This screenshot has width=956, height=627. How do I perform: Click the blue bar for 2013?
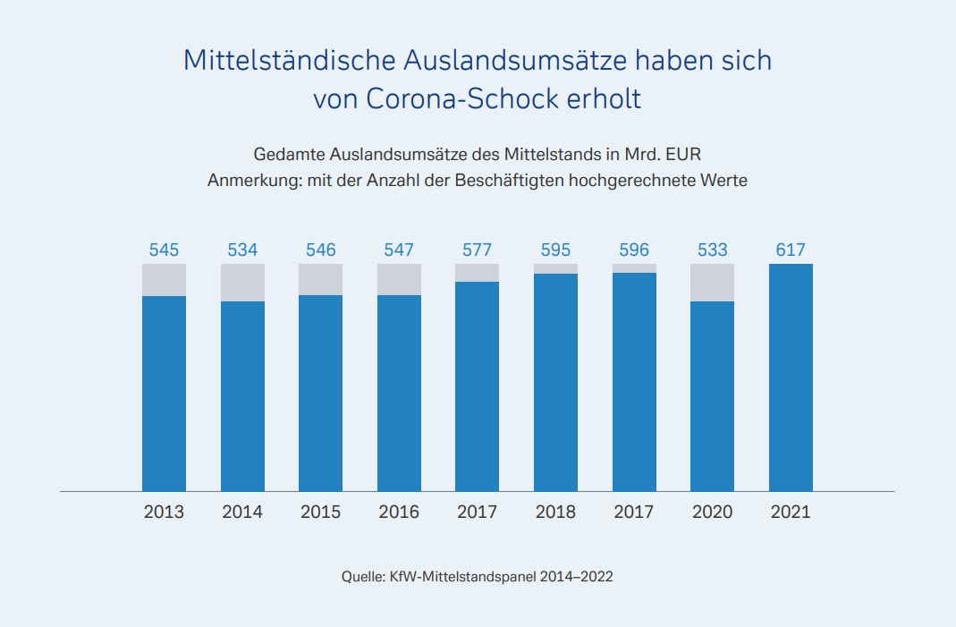coord(164,394)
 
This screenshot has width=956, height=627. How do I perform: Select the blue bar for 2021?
coord(791,377)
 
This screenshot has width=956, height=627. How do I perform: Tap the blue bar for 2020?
coord(713,396)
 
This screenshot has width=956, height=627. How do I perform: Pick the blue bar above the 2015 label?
coord(320,394)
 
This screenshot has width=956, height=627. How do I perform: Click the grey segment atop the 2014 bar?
coord(242,283)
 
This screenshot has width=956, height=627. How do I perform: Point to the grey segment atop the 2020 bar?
coord(713,283)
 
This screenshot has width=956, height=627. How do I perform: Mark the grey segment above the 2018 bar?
coord(555,268)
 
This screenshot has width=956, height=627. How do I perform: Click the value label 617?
coord(791,250)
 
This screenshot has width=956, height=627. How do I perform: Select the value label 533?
coord(713,250)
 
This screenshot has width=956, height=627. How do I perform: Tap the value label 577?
coord(477,250)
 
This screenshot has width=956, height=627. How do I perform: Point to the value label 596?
coord(634,250)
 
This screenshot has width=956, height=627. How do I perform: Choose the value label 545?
coord(164,250)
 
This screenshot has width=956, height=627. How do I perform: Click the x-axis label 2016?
coord(399,513)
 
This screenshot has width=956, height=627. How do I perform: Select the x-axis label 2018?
coord(555,513)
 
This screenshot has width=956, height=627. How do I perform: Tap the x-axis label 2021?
coord(791,513)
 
